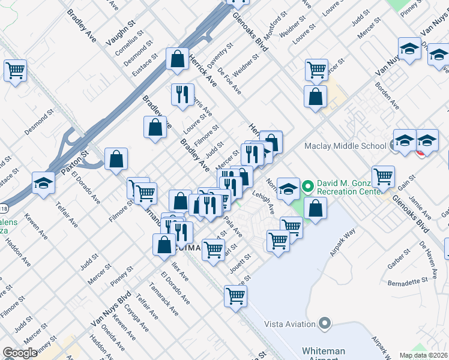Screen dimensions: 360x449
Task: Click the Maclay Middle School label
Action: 345,146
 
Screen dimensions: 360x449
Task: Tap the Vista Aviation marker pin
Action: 325,324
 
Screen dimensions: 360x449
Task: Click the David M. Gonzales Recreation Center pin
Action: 308,187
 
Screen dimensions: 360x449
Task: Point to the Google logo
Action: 20,353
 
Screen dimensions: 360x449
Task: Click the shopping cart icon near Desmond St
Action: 15,70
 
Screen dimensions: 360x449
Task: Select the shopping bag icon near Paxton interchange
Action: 116,159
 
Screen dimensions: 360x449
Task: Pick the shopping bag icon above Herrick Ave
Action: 178,58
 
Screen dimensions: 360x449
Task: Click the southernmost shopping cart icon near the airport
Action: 236,295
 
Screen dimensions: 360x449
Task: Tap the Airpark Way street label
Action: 343,241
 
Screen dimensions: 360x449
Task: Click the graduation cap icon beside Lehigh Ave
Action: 288,188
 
